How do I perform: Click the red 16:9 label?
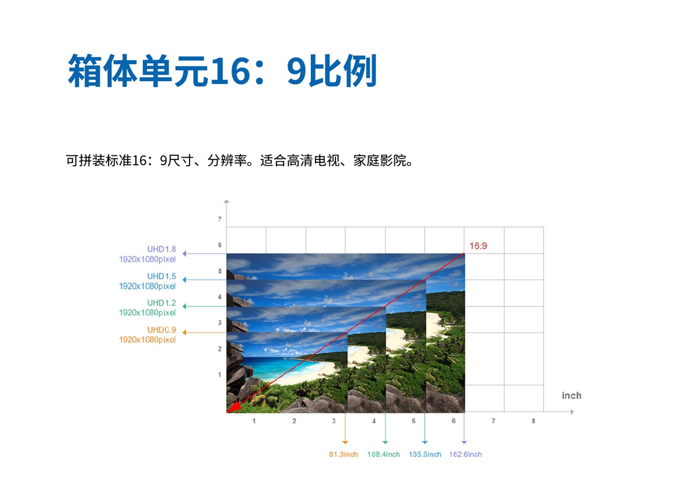[x=478, y=246]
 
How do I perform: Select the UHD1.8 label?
[x=162, y=249]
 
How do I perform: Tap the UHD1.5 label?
[x=162, y=276]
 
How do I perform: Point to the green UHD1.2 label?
[x=162, y=302]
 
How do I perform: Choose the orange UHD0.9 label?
[x=162, y=330]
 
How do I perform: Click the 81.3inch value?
[x=343, y=454]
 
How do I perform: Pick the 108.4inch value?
[x=383, y=454]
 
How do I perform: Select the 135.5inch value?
[x=425, y=454]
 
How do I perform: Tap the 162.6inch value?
[x=466, y=454]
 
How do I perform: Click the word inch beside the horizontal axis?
[x=571, y=395]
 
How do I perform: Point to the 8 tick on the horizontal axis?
[x=533, y=421]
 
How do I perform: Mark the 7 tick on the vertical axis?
[x=220, y=219]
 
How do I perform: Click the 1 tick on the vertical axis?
[x=220, y=375]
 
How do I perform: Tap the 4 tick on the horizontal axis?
[x=374, y=421]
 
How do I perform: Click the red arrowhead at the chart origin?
[x=233, y=407]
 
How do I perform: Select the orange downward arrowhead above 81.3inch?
[x=345, y=442]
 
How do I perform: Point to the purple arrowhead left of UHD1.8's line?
[x=184, y=254]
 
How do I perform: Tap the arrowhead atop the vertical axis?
[x=226, y=202]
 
